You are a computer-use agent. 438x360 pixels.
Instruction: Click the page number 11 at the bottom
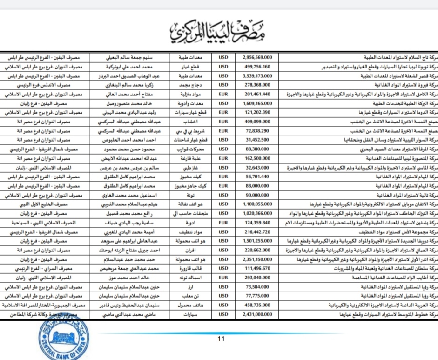click(x=221, y=339)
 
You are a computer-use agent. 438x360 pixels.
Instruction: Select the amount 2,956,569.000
click(x=260, y=57)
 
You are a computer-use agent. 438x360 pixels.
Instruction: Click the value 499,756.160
click(x=260, y=66)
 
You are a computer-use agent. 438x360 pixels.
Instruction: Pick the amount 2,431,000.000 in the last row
click(x=260, y=315)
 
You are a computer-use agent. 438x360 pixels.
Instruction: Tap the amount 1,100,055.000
click(x=260, y=204)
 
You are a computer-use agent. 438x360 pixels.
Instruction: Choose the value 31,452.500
click(x=260, y=139)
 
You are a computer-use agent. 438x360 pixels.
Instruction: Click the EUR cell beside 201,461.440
click(x=223, y=94)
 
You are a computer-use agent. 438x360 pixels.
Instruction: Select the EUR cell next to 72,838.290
click(x=223, y=130)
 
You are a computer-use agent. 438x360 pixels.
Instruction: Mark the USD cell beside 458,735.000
click(x=223, y=306)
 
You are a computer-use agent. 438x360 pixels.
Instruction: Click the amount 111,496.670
click(x=260, y=269)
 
